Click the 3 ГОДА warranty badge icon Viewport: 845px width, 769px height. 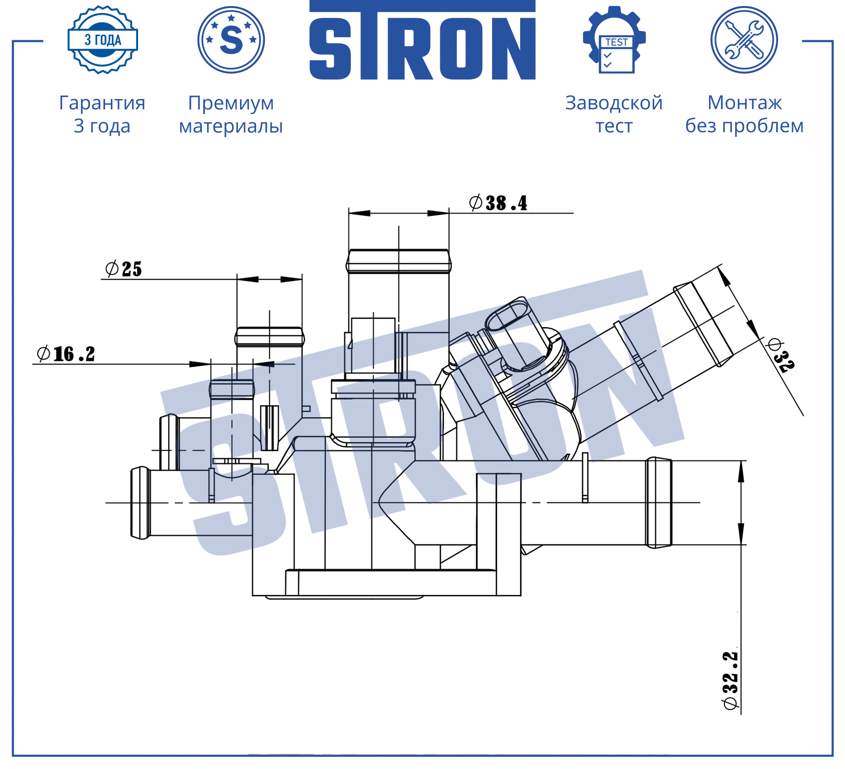pos(103,40)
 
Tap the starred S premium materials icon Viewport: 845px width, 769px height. pos(231,40)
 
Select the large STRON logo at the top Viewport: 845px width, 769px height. pos(422,41)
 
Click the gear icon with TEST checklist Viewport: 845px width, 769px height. pos(614,40)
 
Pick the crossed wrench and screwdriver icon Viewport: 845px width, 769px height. pos(744,40)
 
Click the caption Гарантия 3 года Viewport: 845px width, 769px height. pos(102,114)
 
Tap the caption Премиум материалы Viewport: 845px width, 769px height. pos(231,115)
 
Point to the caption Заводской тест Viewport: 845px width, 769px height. pos(614,114)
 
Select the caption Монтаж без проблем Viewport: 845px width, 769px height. pos(745,114)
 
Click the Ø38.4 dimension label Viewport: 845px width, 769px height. pos(498,203)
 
